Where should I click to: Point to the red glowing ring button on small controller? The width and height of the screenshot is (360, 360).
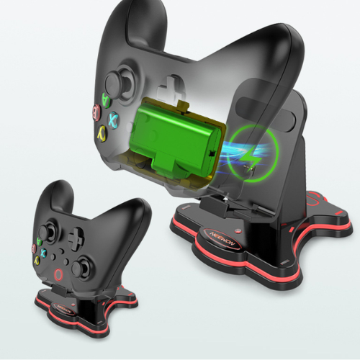58,274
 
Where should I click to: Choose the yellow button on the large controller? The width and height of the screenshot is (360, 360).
103,132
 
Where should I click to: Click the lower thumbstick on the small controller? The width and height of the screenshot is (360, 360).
82,264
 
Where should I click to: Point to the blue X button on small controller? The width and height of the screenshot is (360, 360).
44,251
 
